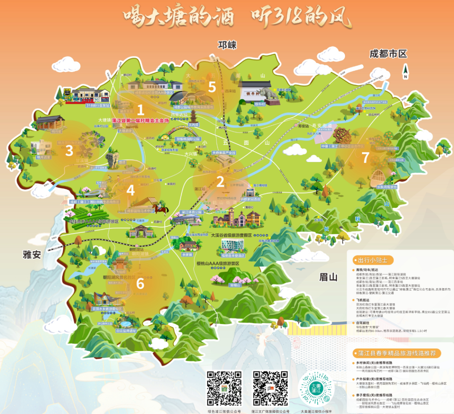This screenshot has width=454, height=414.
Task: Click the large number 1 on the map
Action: pyautogui.click(x=140, y=110)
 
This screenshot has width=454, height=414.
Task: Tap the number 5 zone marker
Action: pyautogui.click(x=212, y=87)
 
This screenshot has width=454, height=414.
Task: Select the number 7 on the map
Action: pyautogui.click(x=365, y=158)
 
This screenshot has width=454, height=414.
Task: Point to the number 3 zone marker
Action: pyautogui.click(x=69, y=150)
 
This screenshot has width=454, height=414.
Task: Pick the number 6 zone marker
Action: pyautogui.click(x=140, y=283)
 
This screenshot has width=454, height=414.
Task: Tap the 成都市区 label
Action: pyautogui.click(x=389, y=54)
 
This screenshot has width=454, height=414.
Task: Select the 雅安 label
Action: pyautogui.click(x=32, y=254)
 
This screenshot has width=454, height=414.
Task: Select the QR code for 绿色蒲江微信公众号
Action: pyautogui.click(x=224, y=388)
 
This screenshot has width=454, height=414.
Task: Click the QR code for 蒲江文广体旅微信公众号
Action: pyautogui.click(x=270, y=388)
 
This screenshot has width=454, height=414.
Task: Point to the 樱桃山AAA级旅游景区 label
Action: pyautogui.click(x=218, y=264)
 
